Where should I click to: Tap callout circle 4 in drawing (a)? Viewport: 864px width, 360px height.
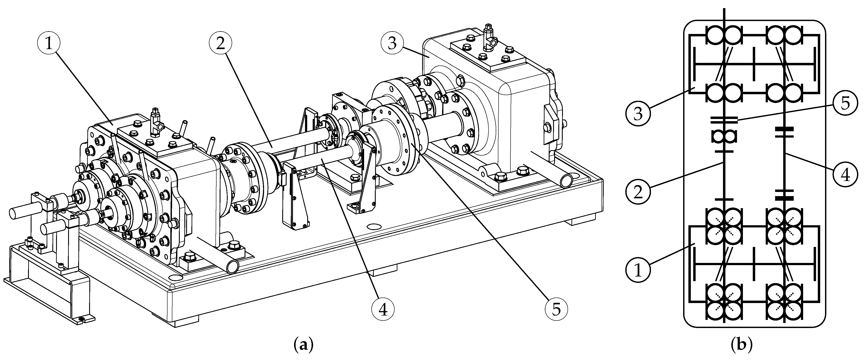pos(383,310)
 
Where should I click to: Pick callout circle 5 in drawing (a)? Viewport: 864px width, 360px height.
pos(556,310)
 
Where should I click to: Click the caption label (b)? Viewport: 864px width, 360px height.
pos(742,346)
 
